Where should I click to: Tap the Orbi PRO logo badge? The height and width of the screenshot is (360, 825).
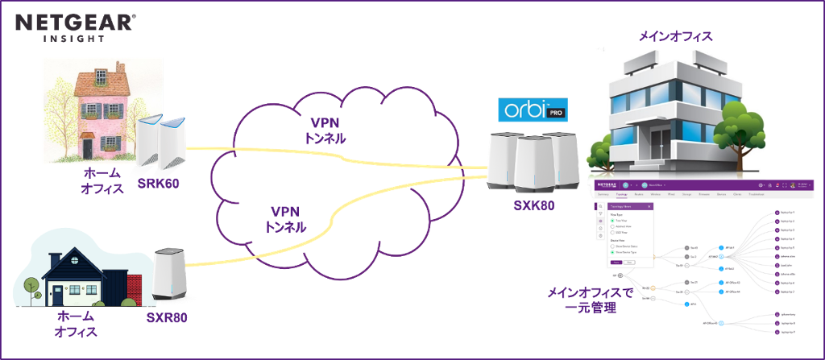(x=533, y=110)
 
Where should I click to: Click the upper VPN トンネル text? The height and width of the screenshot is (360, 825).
(x=328, y=130)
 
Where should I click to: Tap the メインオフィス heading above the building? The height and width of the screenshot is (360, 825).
(x=675, y=36)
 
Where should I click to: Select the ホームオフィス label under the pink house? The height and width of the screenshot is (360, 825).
(x=102, y=181)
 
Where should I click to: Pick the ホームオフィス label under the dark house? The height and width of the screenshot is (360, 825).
(x=77, y=325)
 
